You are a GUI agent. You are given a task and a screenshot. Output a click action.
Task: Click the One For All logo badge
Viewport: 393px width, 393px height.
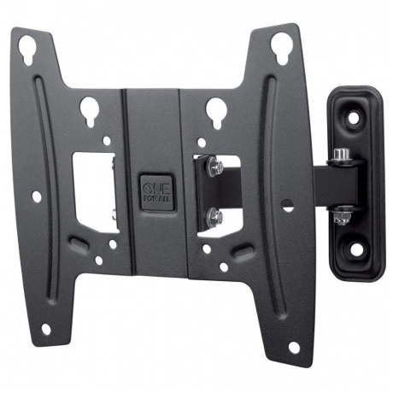(x=157, y=192)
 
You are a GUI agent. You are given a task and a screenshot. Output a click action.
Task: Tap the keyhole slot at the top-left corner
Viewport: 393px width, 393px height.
(x=27, y=48)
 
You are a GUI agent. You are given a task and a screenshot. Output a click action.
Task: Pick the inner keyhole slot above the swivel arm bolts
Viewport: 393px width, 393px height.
(x=216, y=112)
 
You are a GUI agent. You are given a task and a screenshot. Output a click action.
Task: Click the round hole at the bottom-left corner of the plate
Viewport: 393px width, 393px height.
(x=45, y=330)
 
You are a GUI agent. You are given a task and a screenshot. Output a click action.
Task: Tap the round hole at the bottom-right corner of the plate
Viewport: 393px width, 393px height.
(x=294, y=348)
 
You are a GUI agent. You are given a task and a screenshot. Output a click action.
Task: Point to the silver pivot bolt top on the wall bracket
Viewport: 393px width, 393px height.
(x=339, y=155)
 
